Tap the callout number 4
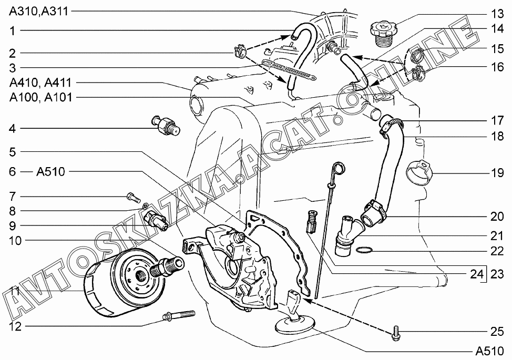click(12, 128)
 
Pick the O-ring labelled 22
click(364, 250)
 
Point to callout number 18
click(497, 136)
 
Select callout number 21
click(497, 236)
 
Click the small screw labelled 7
click(131, 198)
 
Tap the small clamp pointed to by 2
click(240, 52)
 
